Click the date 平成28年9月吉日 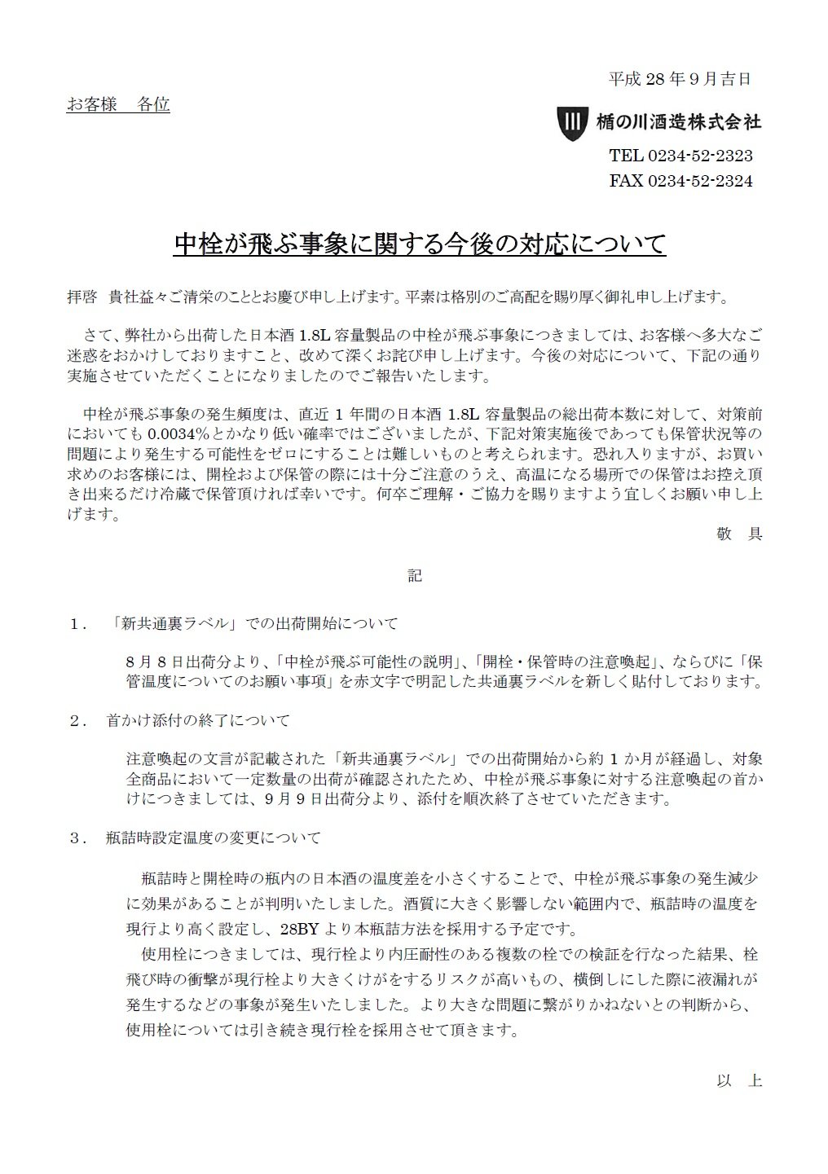[680, 79]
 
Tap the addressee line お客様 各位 [118, 104]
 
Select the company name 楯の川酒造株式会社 [678, 122]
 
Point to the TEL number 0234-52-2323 [699, 156]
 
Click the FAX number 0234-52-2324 [699, 181]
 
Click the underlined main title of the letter [420, 244]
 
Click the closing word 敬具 [738, 534]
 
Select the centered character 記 [414, 576]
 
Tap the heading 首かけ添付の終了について [198, 721]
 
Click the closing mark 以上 [738, 1081]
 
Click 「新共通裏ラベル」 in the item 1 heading [177, 624]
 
